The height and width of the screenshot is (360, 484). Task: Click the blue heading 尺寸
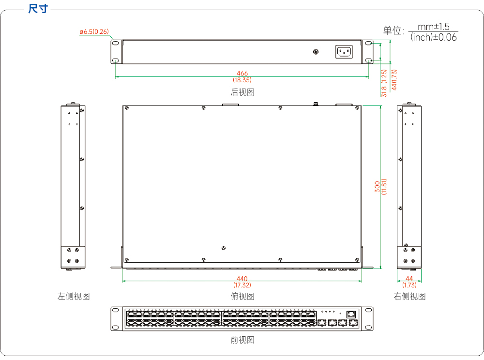[x=38, y=9]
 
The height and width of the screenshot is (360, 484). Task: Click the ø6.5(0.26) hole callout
[x=94, y=31]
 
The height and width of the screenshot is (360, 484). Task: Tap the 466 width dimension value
[x=242, y=74]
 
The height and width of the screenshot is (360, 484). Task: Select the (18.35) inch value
[x=242, y=80]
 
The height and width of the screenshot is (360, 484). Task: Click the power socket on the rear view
[x=344, y=51]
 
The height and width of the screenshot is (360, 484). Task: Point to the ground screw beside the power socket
[x=316, y=51]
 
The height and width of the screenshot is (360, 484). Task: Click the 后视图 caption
[x=242, y=92]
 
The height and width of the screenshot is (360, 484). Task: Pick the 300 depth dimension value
[x=377, y=187]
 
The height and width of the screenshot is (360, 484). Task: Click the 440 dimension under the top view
[x=242, y=279]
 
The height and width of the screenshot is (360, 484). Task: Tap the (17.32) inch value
[x=242, y=285]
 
